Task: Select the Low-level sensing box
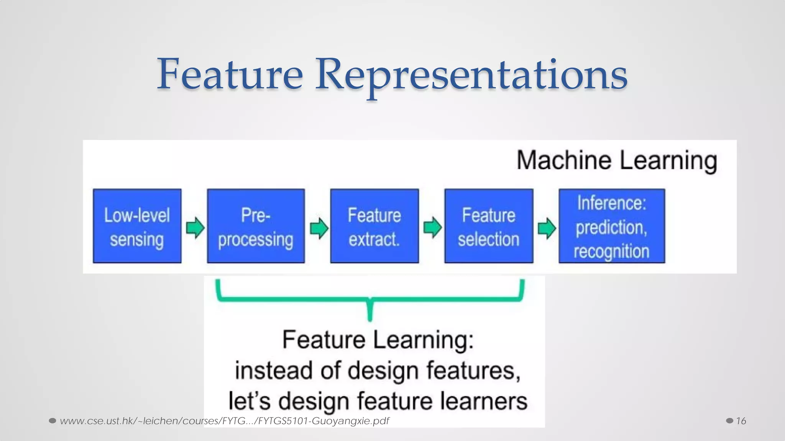pyautogui.click(x=137, y=226)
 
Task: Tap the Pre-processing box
pyautogui.click(x=256, y=226)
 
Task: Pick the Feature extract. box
pyautogui.click(x=374, y=226)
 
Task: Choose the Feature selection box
pyautogui.click(x=489, y=226)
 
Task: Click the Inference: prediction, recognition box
pyautogui.click(x=611, y=226)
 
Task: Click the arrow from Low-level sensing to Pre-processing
pyautogui.click(x=195, y=228)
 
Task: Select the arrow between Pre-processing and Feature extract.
pyautogui.click(x=319, y=228)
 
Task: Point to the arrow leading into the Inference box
pyautogui.click(x=547, y=228)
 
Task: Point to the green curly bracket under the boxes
pyautogui.click(x=370, y=299)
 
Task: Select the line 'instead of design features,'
pyautogui.click(x=378, y=371)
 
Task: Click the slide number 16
pyautogui.click(x=741, y=421)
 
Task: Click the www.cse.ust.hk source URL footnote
pyautogui.click(x=224, y=421)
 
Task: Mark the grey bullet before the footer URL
pyautogui.click(x=53, y=421)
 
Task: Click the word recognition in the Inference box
pyautogui.click(x=611, y=251)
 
